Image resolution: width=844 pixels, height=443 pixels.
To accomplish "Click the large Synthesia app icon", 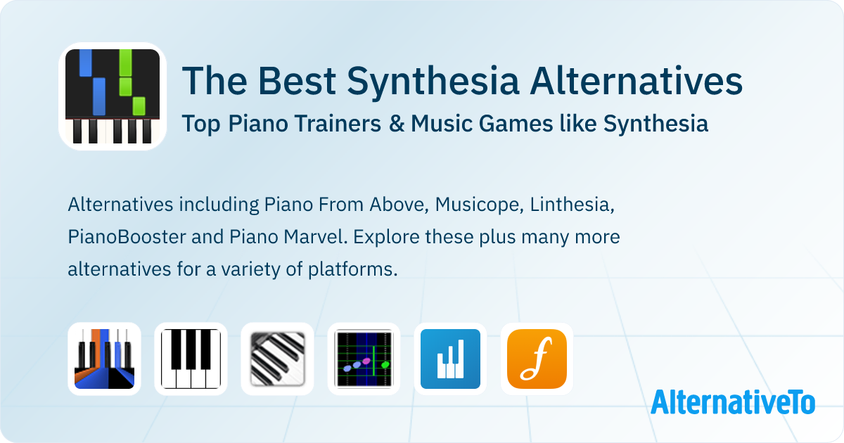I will (x=113, y=96).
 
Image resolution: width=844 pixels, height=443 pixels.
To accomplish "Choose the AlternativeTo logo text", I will (x=733, y=402).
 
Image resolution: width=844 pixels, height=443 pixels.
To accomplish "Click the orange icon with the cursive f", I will (x=537, y=359).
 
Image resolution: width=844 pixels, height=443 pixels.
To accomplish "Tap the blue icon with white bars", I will (x=450, y=359).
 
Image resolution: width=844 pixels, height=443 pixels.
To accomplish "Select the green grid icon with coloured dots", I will (x=364, y=359).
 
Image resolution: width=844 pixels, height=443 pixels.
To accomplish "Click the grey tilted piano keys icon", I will (x=277, y=359).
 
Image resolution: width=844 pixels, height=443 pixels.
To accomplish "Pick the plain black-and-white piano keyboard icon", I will (x=191, y=359).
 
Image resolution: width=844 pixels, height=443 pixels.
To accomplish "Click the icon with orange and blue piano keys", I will (x=104, y=359).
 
